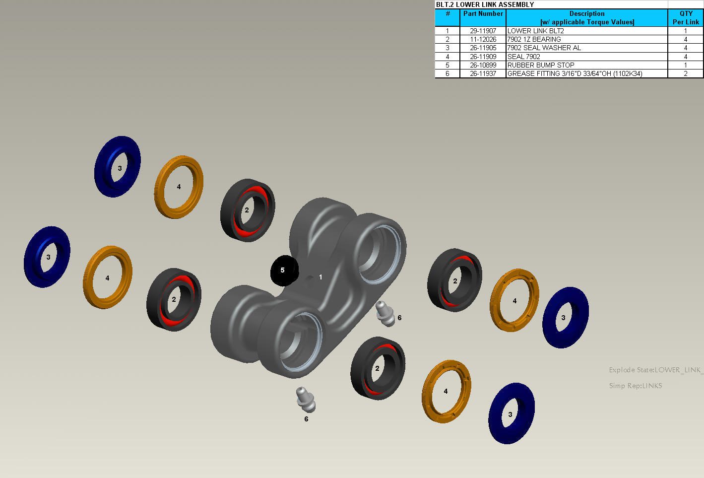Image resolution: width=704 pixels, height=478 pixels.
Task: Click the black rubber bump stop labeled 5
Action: (284, 271)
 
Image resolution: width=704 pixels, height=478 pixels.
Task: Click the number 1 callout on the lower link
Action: (320, 277)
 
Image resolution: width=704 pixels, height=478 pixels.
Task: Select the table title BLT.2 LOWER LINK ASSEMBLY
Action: (485, 4)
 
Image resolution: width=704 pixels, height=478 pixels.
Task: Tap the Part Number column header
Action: (483, 13)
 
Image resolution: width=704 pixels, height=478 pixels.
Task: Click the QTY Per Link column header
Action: (686, 17)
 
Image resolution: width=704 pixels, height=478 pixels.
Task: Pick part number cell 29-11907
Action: (483, 31)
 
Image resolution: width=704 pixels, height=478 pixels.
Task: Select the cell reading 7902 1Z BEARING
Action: (534, 39)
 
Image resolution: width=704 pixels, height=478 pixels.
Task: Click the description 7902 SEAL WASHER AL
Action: (544, 48)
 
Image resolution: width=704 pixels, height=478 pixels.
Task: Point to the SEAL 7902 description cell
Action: (523, 57)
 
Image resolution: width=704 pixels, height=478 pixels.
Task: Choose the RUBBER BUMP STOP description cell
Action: (541, 65)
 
